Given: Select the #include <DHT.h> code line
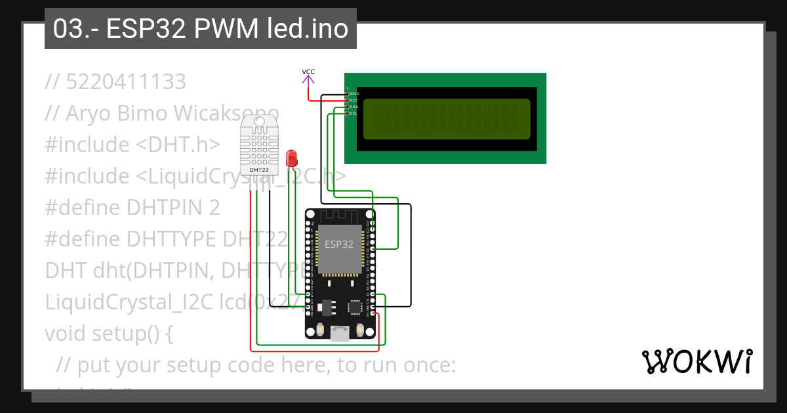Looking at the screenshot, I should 132,145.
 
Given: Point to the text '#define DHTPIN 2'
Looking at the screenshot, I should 132,208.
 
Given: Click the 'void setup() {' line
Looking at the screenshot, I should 109,334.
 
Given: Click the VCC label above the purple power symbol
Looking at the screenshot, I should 308,71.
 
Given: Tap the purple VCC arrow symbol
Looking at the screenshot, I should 308,80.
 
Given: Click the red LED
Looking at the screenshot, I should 292,157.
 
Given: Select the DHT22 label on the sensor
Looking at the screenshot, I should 259,170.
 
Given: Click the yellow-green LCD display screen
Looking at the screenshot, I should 446,119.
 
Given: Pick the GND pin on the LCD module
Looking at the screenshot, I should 348,94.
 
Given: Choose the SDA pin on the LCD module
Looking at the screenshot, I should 348,107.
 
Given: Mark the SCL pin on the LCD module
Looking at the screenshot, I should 348,113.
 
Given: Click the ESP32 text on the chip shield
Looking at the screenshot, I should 339,245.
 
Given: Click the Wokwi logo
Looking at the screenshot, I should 696,361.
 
